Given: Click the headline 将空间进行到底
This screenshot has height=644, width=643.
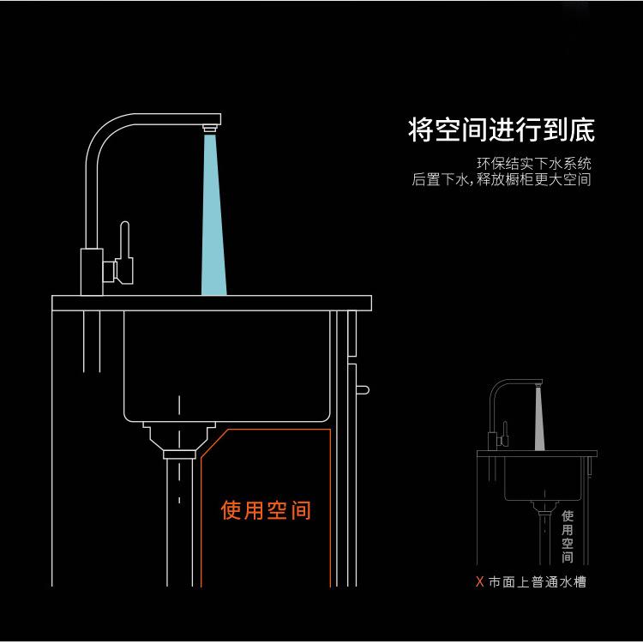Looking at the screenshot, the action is pyautogui.click(x=501, y=130).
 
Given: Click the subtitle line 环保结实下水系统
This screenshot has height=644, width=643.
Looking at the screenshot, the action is pyautogui.click(x=533, y=164).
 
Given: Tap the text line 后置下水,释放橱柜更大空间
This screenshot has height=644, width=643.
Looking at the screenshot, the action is pyautogui.click(x=502, y=180).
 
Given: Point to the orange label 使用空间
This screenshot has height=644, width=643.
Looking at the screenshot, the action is pyautogui.click(x=266, y=510).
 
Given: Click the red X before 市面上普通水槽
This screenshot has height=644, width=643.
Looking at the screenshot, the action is pyautogui.click(x=479, y=582).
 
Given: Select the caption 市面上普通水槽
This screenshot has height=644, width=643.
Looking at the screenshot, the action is pyautogui.click(x=538, y=582).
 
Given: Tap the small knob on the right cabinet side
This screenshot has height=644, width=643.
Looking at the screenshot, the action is pyautogui.click(x=364, y=390).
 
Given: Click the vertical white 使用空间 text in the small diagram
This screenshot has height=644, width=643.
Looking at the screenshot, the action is pyautogui.click(x=568, y=533).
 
